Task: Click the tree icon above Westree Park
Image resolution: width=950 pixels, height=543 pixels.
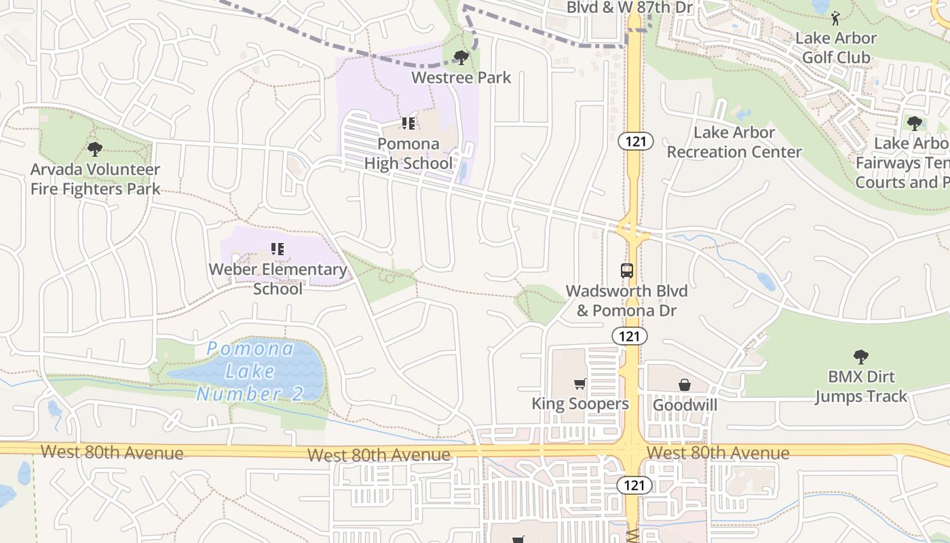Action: pyautogui.click(x=461, y=57)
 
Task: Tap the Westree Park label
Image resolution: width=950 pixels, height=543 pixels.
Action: pyautogui.click(x=461, y=77)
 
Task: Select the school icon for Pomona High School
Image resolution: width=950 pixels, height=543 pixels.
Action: pyautogui.click(x=408, y=124)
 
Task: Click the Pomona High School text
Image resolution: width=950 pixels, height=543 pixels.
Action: pyautogui.click(x=408, y=153)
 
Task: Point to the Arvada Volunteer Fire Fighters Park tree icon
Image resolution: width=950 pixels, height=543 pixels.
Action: pyautogui.click(x=95, y=149)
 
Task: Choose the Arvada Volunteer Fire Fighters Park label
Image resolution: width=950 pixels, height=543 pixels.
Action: pyautogui.click(x=95, y=179)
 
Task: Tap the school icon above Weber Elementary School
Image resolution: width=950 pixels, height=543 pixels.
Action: pyautogui.click(x=277, y=249)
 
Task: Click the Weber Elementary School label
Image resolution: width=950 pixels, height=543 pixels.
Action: pyautogui.click(x=278, y=279)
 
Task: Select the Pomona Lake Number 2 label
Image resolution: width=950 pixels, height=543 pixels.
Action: pyautogui.click(x=250, y=371)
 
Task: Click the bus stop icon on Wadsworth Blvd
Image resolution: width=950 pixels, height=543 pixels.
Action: pyautogui.click(x=627, y=270)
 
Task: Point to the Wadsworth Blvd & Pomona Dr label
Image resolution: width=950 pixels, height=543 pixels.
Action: pyautogui.click(x=627, y=301)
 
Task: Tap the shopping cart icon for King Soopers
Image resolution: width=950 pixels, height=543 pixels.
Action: pyautogui.click(x=579, y=384)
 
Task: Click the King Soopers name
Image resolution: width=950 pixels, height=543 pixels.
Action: pyautogui.click(x=580, y=404)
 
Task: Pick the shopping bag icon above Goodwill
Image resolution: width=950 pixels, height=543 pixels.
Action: pyautogui.click(x=685, y=385)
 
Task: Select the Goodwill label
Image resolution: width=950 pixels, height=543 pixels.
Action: pyautogui.click(x=685, y=405)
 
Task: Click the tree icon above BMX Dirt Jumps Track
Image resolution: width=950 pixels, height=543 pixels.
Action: pyautogui.click(x=860, y=356)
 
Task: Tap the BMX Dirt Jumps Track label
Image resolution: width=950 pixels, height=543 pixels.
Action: pyautogui.click(x=860, y=386)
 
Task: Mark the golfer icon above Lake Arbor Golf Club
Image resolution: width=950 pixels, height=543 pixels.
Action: pyautogui.click(x=835, y=18)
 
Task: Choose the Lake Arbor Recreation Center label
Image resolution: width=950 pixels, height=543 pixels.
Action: pyautogui.click(x=734, y=143)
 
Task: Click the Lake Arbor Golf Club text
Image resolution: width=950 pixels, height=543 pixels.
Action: pyautogui.click(x=836, y=48)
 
